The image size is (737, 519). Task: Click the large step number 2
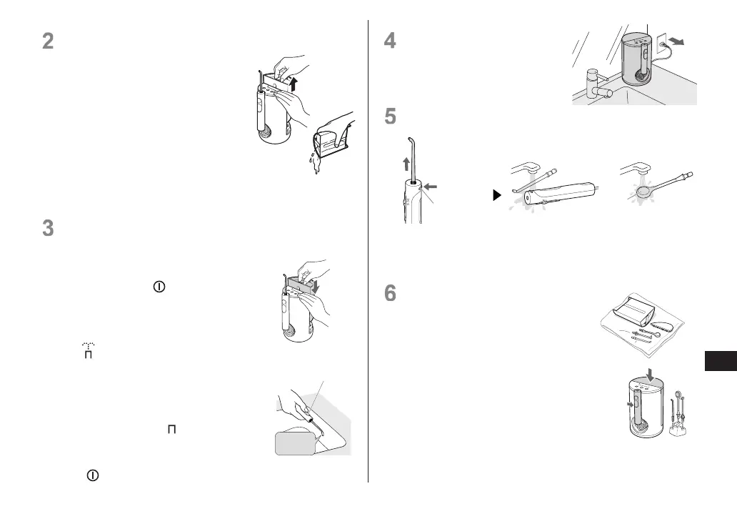[48, 41]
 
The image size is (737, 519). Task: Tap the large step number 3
[48, 228]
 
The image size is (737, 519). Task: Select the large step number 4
[390, 41]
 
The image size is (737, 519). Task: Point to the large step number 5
[390, 116]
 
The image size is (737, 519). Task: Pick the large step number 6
[390, 294]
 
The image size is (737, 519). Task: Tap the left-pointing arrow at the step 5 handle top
[431, 188]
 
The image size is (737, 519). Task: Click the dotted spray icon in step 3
[88, 350]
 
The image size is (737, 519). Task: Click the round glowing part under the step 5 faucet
[643, 191]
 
